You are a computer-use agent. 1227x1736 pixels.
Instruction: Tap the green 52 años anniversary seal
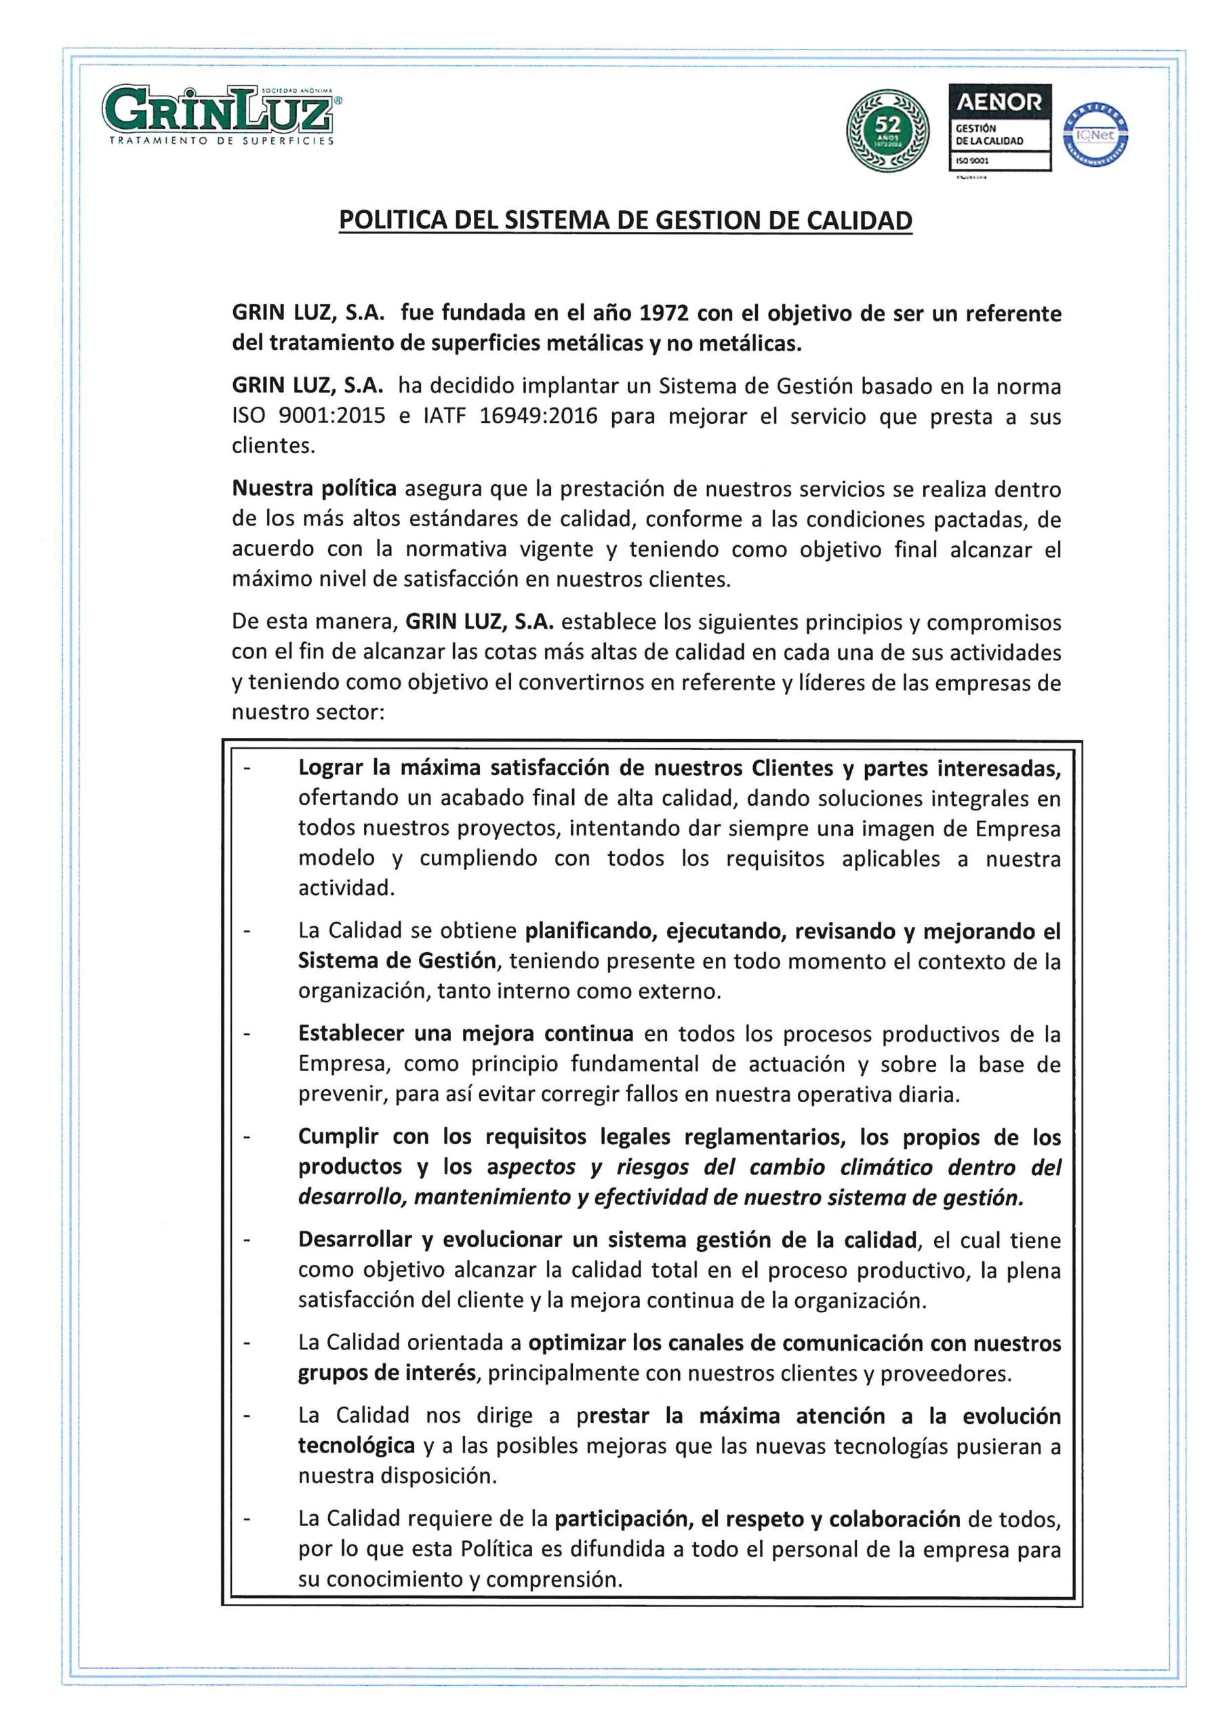887,131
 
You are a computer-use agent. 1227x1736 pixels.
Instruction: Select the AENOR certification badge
999,127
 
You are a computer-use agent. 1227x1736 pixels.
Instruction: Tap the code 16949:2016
538,416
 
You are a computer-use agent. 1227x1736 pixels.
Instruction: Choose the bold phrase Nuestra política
314,488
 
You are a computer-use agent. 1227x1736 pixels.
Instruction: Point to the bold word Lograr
330,768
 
